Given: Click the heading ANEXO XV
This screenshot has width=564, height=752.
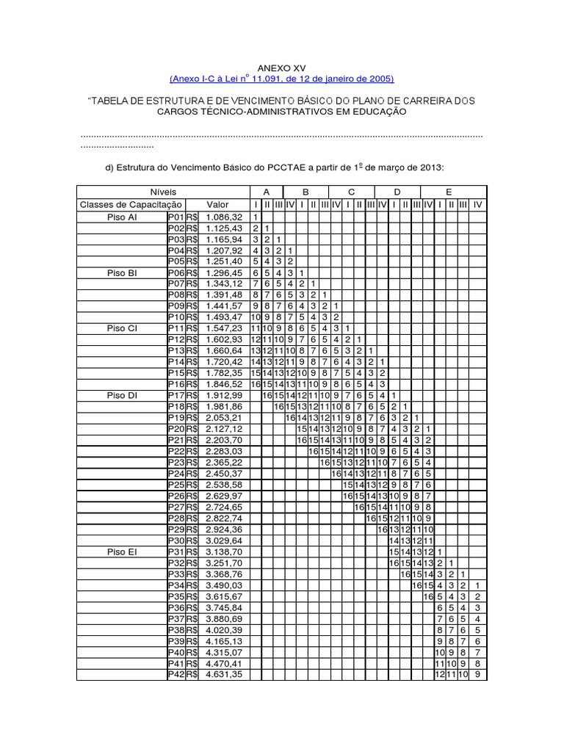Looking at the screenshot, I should (x=281, y=65).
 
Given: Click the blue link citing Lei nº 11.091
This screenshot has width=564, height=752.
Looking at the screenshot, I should (x=281, y=79).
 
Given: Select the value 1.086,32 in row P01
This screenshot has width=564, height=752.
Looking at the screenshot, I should (x=225, y=217).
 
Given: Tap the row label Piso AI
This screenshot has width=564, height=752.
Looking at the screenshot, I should (x=121, y=217).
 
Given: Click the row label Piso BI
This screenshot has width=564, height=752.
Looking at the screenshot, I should (x=121, y=272).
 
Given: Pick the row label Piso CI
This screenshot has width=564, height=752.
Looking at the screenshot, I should (x=121, y=328).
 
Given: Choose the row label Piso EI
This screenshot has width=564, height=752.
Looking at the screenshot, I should (x=121, y=551).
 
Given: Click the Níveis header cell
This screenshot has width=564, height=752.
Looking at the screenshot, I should (x=163, y=191).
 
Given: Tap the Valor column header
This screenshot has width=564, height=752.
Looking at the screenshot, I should (x=218, y=204).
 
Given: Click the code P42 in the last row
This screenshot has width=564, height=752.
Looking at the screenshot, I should (x=176, y=673).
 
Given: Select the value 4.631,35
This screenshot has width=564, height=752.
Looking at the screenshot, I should (x=225, y=673).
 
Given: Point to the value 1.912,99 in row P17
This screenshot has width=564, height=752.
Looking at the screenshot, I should (x=225, y=394).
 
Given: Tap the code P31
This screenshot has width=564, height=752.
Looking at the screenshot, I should (x=176, y=551).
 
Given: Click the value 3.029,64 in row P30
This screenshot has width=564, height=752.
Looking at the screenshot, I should (x=225, y=540).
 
